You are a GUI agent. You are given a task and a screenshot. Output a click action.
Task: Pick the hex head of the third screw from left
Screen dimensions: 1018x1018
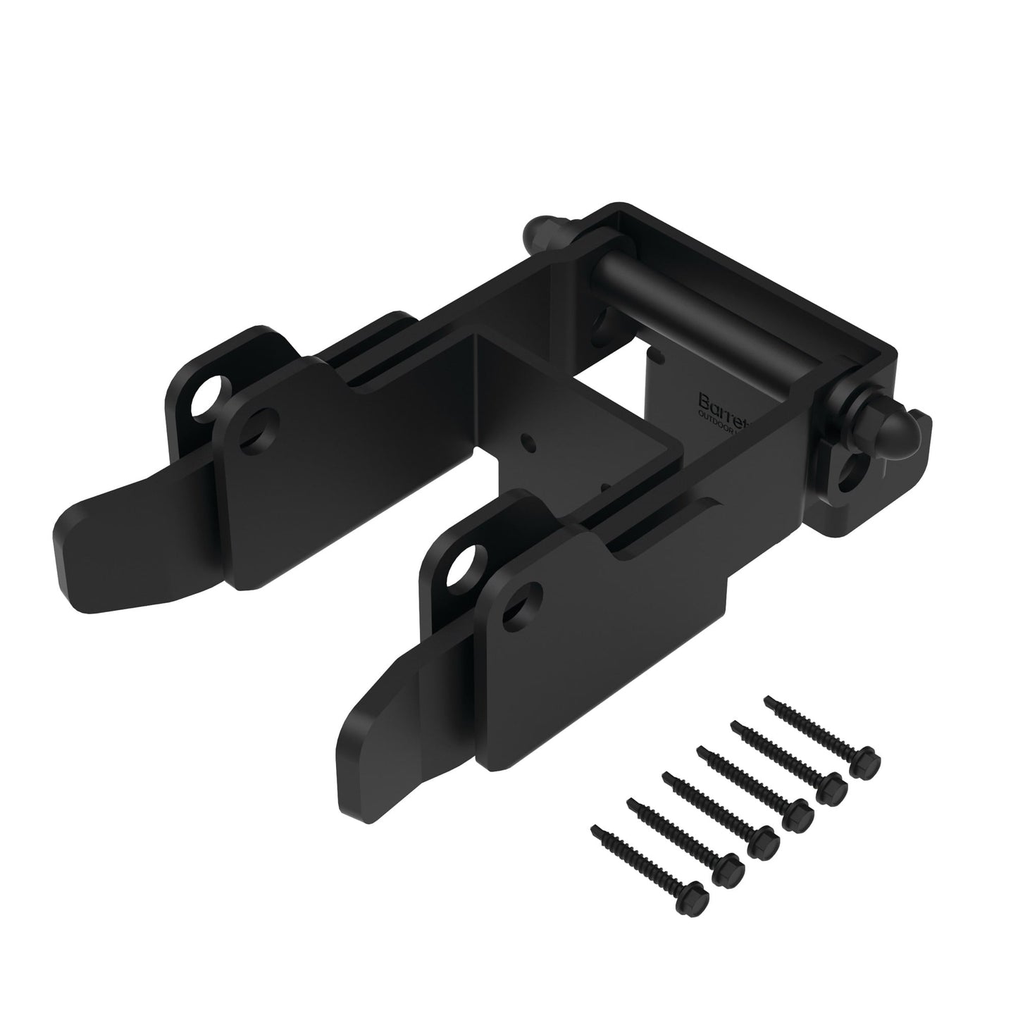[762, 838]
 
